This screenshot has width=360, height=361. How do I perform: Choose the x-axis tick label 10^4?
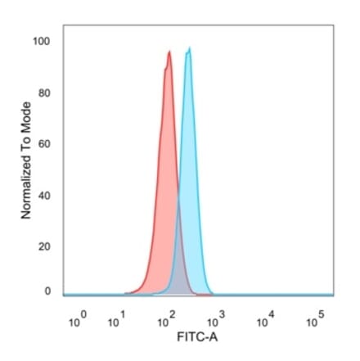[265, 321]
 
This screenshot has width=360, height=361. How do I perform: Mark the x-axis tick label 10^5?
[314, 321]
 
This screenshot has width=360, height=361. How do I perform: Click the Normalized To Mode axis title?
[26, 159]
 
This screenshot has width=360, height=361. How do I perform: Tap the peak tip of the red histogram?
[169, 52]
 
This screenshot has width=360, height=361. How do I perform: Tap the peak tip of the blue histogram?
[189, 49]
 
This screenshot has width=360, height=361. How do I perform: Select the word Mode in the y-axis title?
[26, 116]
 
